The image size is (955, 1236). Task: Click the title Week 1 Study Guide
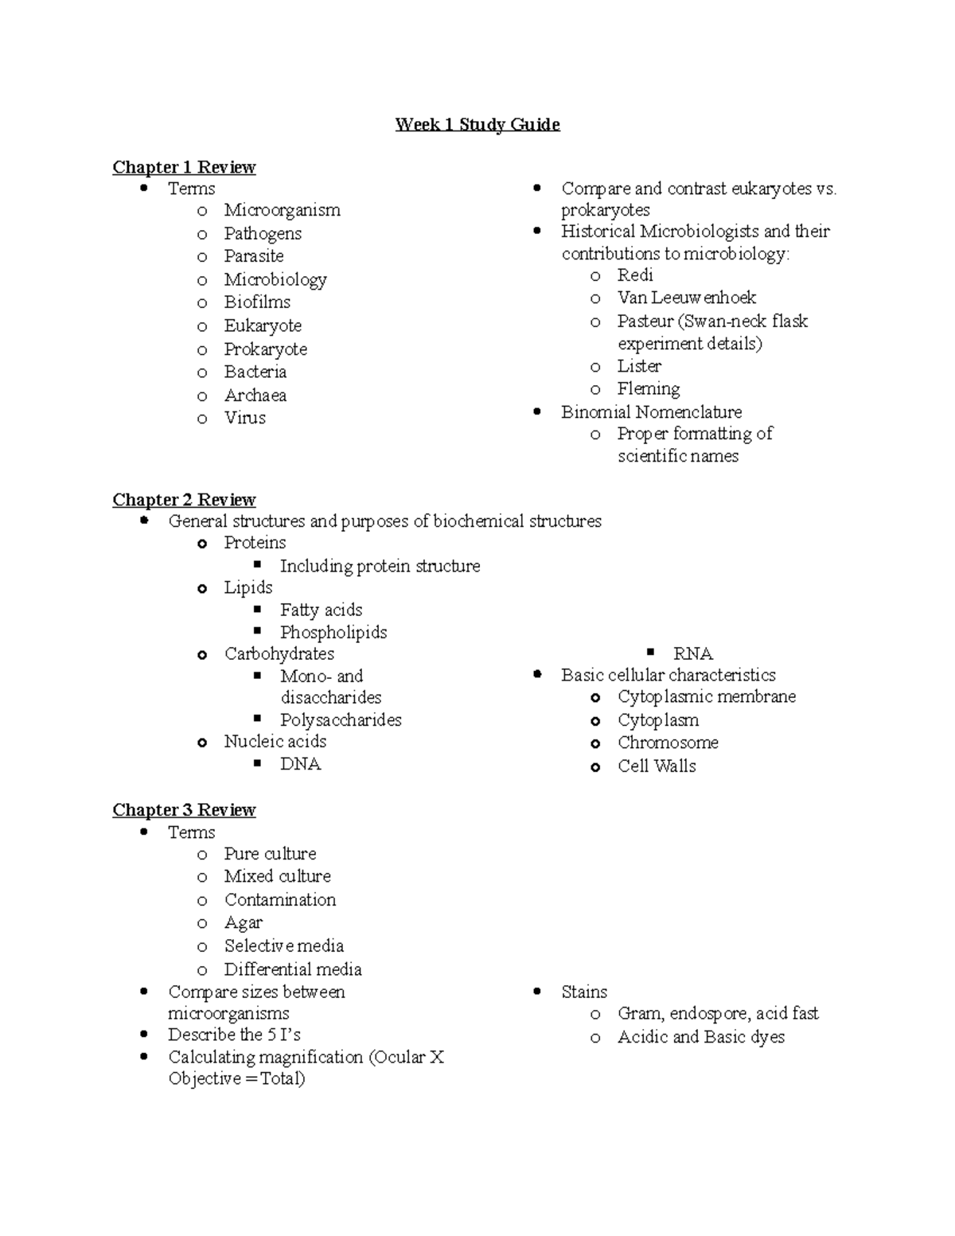pyautogui.click(x=477, y=124)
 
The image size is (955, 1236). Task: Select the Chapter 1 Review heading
pyautogui.click(x=184, y=167)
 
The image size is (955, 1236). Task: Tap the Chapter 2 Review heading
pyautogui.click(x=184, y=500)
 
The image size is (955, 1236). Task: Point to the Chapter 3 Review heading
pyautogui.click(x=184, y=810)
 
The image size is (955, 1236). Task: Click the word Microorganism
pyautogui.click(x=282, y=210)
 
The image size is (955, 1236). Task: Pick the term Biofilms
pyautogui.click(x=257, y=302)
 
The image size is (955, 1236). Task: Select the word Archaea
pyautogui.click(x=255, y=396)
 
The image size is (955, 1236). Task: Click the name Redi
pyautogui.click(x=635, y=275)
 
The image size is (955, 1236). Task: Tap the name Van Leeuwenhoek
pyautogui.click(x=687, y=298)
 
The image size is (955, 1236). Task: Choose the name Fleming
pyautogui.click(x=649, y=389)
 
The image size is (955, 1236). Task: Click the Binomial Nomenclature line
pyautogui.click(x=651, y=412)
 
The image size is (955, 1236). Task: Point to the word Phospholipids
pyautogui.click(x=333, y=633)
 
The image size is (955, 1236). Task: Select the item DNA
pyautogui.click(x=300, y=764)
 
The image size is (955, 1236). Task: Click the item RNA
pyautogui.click(x=692, y=654)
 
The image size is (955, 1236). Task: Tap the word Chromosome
pyautogui.click(x=668, y=743)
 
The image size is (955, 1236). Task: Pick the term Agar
pyautogui.click(x=243, y=923)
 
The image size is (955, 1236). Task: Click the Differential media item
pyautogui.click(x=293, y=969)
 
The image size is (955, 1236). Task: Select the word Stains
pyautogui.click(x=584, y=992)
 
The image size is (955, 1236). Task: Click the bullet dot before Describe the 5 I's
pyautogui.click(x=144, y=1035)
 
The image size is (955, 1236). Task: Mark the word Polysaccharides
pyautogui.click(x=341, y=720)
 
